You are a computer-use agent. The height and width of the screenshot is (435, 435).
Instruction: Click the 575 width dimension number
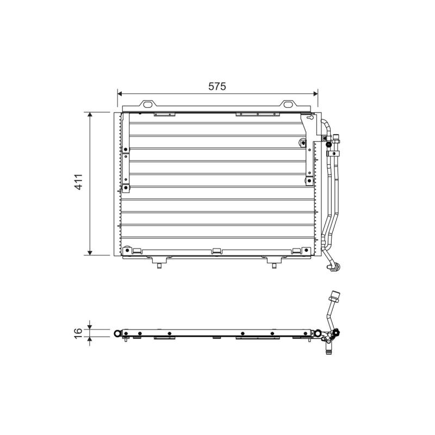point(217,86)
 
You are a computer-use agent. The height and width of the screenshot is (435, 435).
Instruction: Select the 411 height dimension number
point(78,182)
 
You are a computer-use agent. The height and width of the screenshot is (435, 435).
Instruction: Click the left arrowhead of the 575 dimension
point(120,94)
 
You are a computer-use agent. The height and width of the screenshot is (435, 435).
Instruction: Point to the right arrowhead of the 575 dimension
point(315,94)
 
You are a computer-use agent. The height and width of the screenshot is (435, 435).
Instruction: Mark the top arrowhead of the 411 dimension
point(90,115)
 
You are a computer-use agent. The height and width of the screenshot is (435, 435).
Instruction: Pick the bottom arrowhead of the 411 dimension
point(90,253)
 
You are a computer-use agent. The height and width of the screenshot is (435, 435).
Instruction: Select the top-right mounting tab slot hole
point(287,104)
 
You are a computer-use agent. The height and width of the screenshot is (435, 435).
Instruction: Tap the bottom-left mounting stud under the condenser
point(159,266)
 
